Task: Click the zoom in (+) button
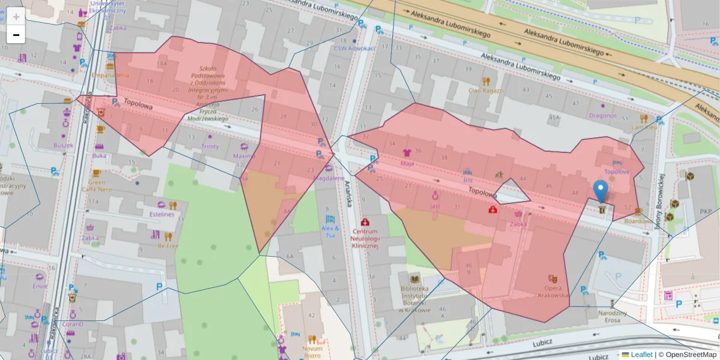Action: (16, 17)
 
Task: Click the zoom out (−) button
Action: (16, 35)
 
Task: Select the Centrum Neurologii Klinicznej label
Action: (365, 238)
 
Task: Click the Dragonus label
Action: (602, 115)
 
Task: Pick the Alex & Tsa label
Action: (330, 232)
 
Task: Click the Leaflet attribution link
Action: (641, 355)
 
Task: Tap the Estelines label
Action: (161, 214)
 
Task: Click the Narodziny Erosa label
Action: (613, 316)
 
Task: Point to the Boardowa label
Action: (637, 221)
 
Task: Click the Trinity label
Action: (209, 146)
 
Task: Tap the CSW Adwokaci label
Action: (354, 48)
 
